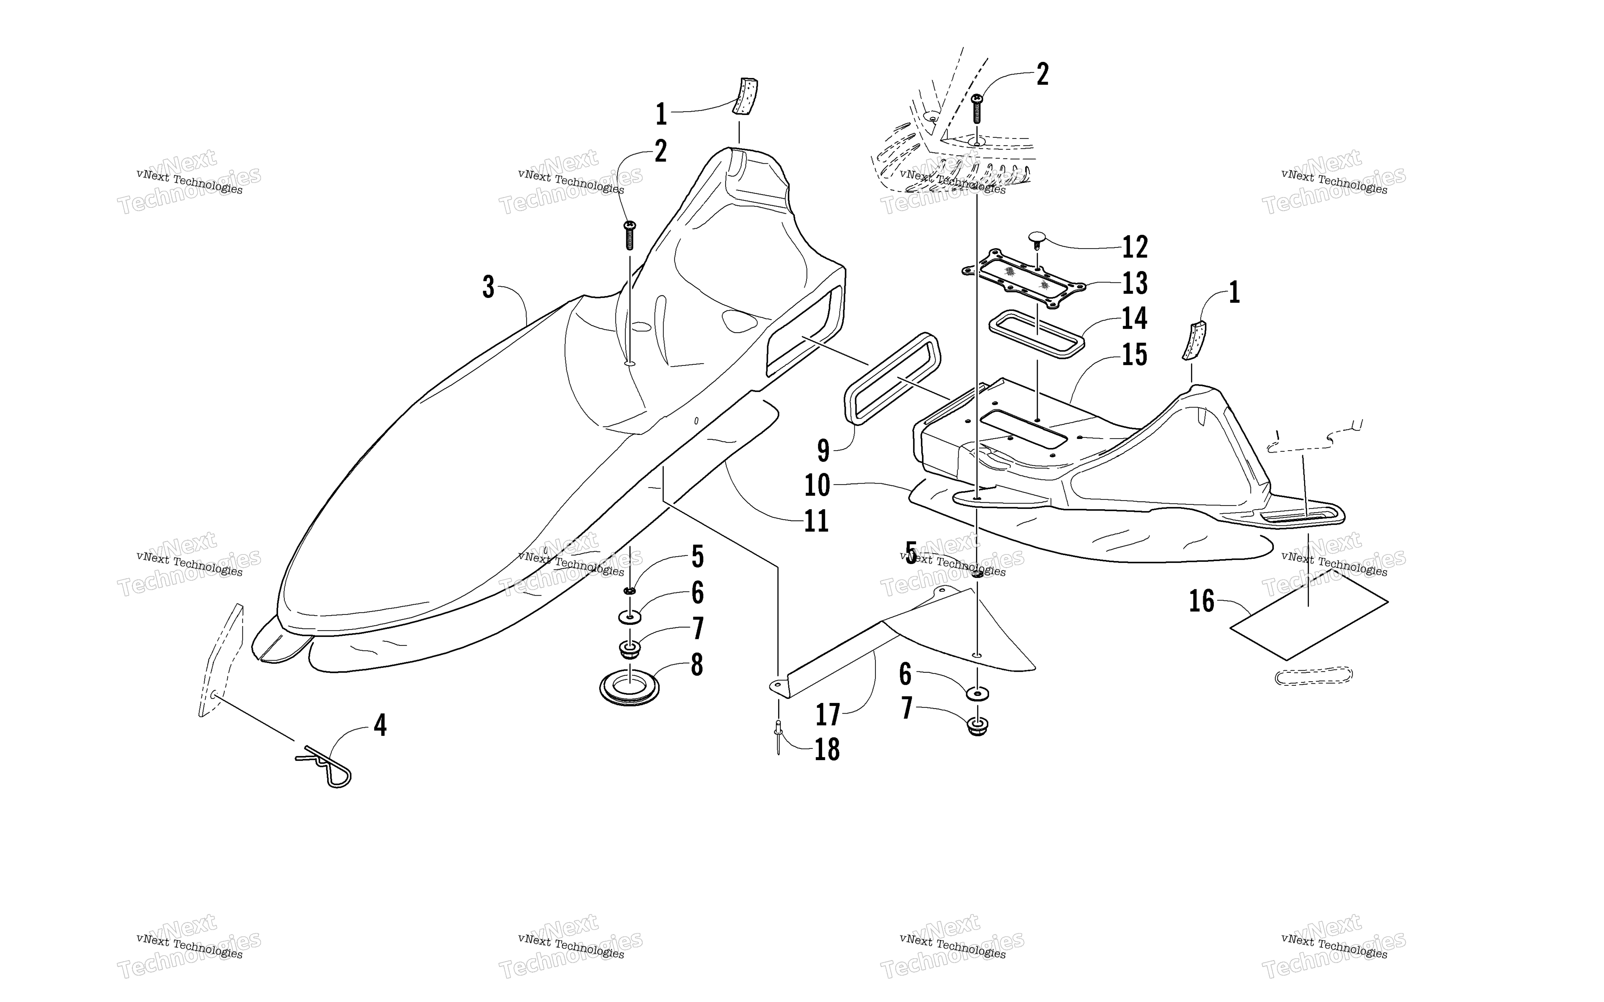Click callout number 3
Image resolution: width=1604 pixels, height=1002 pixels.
pos(489,288)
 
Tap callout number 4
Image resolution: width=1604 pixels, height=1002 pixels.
pos(380,726)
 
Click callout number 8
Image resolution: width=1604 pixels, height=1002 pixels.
pos(697,665)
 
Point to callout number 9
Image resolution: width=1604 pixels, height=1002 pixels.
pos(823,451)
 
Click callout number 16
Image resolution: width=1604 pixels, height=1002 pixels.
pos(1202,601)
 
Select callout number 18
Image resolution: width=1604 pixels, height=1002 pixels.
pos(827,750)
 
